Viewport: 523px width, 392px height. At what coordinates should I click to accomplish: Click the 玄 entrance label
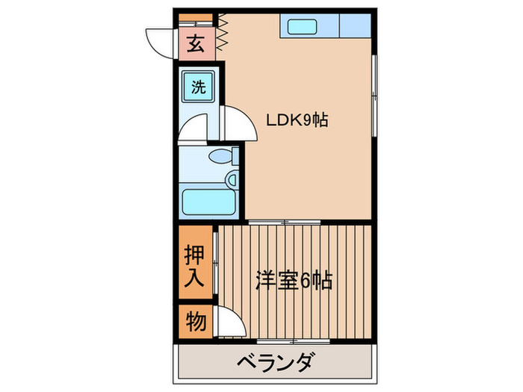point(196,44)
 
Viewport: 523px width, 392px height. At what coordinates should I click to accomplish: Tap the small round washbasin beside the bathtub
point(232,179)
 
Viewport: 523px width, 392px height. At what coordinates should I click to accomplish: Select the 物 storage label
point(196,322)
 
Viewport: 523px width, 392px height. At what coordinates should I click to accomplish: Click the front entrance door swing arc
point(158,41)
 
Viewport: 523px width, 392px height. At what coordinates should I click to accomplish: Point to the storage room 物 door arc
point(230,323)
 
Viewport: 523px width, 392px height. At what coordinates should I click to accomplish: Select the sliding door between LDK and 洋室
point(285,222)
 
